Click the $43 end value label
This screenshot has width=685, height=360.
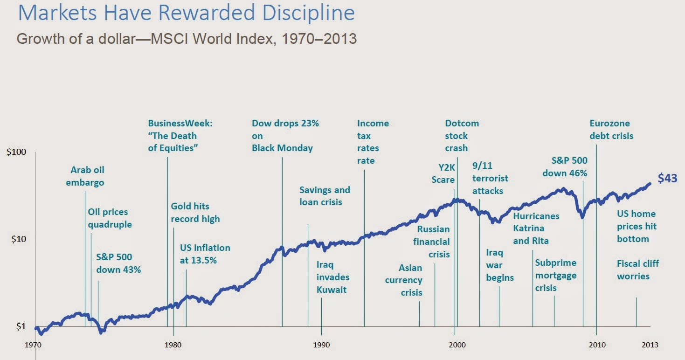[x=667, y=178]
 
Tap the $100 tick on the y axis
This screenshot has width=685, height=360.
[x=16, y=152]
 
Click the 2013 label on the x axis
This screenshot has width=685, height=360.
[x=650, y=345]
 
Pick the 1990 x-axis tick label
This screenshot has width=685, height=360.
[x=322, y=345]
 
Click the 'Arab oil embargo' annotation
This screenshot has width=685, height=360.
[x=85, y=176]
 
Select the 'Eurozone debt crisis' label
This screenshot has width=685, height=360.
[x=611, y=130]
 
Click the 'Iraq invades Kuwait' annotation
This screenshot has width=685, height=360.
[x=332, y=277]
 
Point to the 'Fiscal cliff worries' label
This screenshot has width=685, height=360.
[x=637, y=270]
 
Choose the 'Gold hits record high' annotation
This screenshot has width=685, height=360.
[x=195, y=212]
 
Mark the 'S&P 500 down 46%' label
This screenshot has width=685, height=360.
[x=569, y=166]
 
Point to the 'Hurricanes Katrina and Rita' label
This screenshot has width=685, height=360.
[x=536, y=228]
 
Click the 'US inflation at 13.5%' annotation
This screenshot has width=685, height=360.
[x=205, y=254]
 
